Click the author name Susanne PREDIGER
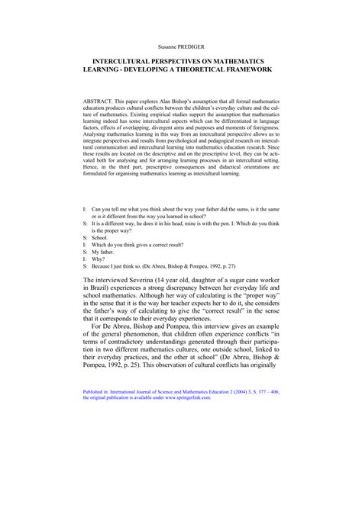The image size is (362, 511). pyautogui.click(x=180, y=46)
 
